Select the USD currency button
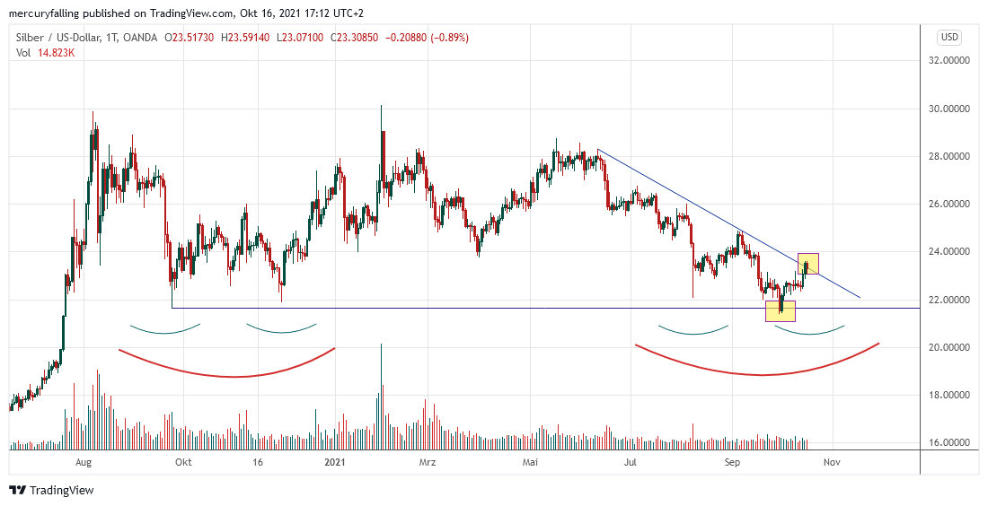(x=949, y=37)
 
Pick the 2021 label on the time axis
(x=334, y=463)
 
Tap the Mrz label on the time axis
(x=428, y=463)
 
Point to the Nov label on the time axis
(x=832, y=463)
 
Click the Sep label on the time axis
(x=733, y=463)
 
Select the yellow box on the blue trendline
(x=807, y=264)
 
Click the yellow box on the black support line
(x=780, y=310)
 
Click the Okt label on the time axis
(x=183, y=463)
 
